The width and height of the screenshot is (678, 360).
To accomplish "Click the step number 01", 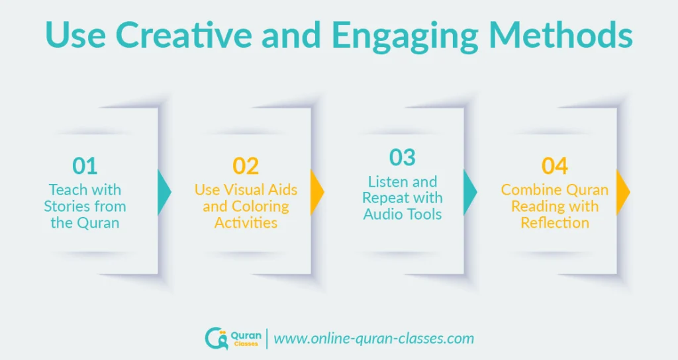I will click(85, 166).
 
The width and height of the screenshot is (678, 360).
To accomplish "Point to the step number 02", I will click(246, 166).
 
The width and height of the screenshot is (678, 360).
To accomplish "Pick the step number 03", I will click(402, 157).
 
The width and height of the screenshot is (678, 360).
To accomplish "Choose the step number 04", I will click(555, 166).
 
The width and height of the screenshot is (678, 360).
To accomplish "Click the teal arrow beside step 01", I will click(164, 191).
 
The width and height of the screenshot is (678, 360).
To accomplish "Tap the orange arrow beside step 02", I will click(317, 191).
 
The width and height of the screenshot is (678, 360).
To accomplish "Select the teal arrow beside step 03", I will click(470, 191).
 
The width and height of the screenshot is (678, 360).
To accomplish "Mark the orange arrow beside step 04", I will click(623, 191).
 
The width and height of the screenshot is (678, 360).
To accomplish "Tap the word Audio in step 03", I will click(383, 214).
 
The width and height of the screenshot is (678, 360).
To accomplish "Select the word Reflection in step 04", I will click(555, 222).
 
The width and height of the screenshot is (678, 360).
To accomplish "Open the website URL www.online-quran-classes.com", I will click(374, 339).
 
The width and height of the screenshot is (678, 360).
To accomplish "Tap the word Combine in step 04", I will click(527, 190).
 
